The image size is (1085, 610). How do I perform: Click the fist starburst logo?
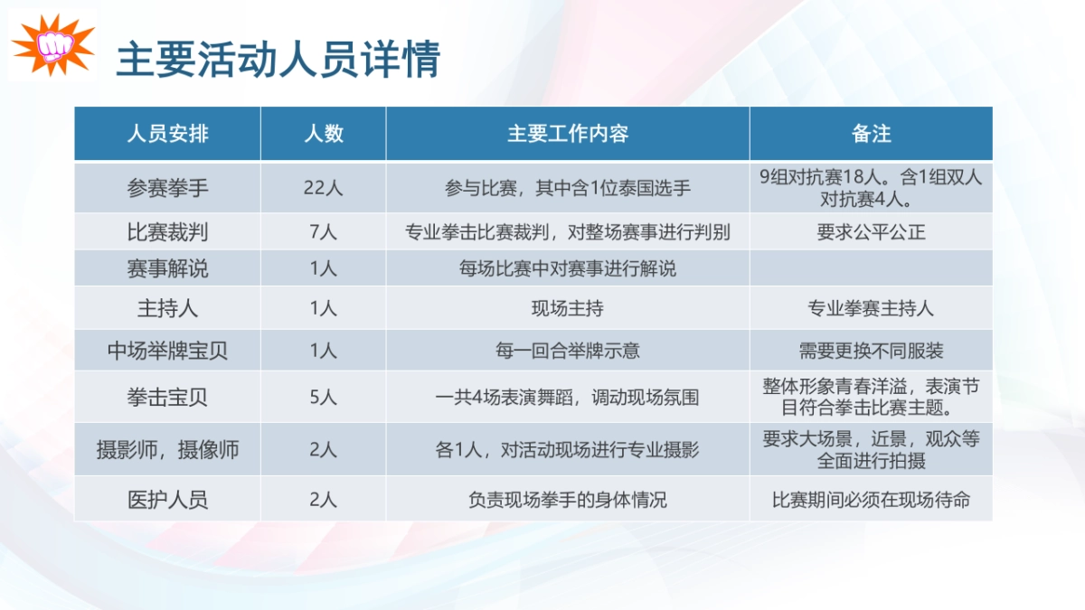point(52,44)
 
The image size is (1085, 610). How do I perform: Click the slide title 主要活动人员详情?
point(278,60)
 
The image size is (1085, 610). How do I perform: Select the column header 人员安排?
point(167,134)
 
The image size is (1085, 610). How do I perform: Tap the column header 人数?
point(323,134)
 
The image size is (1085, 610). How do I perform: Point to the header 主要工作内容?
point(567,134)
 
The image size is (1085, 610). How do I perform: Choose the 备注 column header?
point(871,134)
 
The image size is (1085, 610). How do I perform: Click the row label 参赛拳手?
point(167,188)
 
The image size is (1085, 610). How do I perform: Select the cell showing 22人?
point(323,188)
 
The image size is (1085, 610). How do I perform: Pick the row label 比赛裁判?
point(167,232)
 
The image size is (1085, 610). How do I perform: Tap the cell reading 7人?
point(323,232)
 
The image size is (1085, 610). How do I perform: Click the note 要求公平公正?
point(871,232)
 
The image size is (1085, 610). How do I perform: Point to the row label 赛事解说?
point(167,268)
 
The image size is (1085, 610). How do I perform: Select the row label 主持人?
point(167,308)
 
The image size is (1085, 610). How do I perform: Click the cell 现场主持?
point(567,308)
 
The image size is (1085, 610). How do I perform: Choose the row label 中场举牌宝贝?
point(167,350)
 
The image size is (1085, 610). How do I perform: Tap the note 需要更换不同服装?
point(871,350)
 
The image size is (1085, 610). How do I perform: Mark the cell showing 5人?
point(323,396)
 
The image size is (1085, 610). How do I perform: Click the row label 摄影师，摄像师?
point(167,449)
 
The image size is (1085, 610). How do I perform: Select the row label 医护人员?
point(167,499)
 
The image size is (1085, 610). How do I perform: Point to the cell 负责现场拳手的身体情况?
point(567,499)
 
